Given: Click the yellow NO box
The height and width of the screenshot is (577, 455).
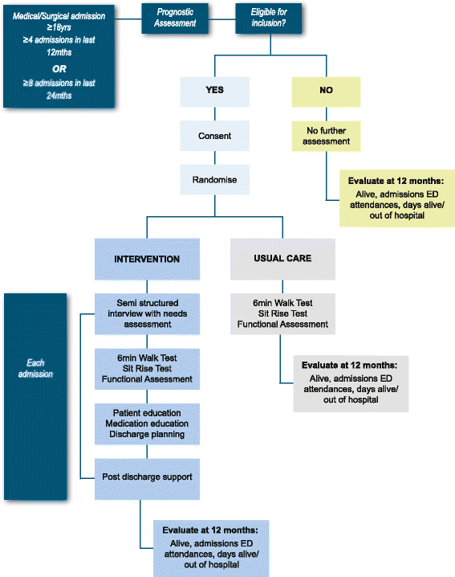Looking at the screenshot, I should pos(326,91).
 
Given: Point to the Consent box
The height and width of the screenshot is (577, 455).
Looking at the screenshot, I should pos(214,136).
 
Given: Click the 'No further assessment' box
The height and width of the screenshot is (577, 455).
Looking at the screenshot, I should pos(326,136).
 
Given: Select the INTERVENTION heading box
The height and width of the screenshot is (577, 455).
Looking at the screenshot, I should pos(146,259).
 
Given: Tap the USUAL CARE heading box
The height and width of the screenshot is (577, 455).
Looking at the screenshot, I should pos(282,259).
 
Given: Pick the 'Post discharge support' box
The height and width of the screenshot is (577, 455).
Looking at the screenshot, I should pos(146,477).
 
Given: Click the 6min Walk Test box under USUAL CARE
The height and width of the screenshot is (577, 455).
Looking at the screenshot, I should pos(282,313).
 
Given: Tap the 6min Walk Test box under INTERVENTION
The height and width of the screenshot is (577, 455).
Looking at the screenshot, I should pos(146,367).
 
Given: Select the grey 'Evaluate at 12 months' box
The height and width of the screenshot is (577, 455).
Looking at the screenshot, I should pos(350,383).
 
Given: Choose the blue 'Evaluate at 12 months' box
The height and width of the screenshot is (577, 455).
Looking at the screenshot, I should pos(210,548).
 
